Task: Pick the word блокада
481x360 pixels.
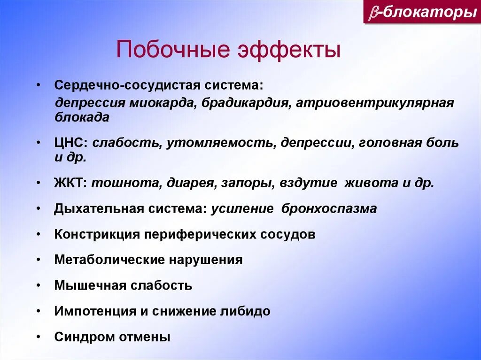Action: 82,117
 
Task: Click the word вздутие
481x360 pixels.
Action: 309,183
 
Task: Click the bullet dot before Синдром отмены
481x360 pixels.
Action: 42,337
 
